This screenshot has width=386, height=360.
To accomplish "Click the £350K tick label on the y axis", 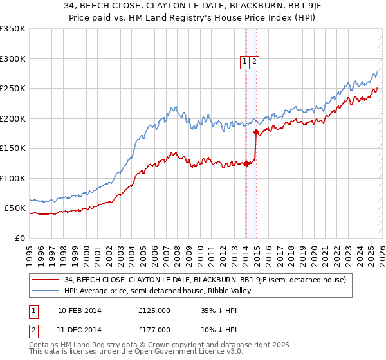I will [x=13, y=29].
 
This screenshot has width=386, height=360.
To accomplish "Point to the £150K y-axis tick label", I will [x=13, y=148].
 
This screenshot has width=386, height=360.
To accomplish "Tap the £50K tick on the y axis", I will [x=15, y=208].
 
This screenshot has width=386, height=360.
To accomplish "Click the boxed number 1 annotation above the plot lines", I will [x=245, y=62].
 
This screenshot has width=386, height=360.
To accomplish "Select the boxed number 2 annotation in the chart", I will [x=254, y=62].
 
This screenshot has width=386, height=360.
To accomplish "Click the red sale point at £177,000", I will [x=256, y=132].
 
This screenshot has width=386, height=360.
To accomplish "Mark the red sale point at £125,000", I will [x=246, y=163].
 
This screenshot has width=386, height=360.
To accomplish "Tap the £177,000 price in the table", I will [x=154, y=330].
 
